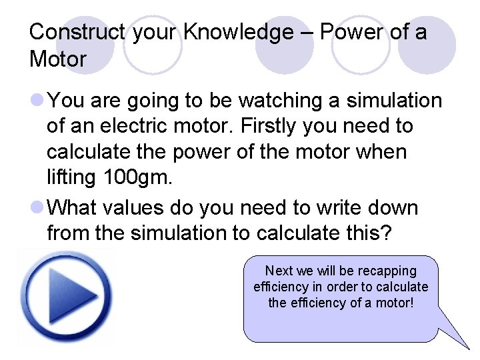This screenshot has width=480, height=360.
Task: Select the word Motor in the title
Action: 58,59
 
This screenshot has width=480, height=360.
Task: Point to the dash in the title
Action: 306,32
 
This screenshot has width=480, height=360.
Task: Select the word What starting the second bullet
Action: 72,208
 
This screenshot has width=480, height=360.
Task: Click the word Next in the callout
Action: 279,271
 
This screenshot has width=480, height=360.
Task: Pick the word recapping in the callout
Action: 387,271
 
